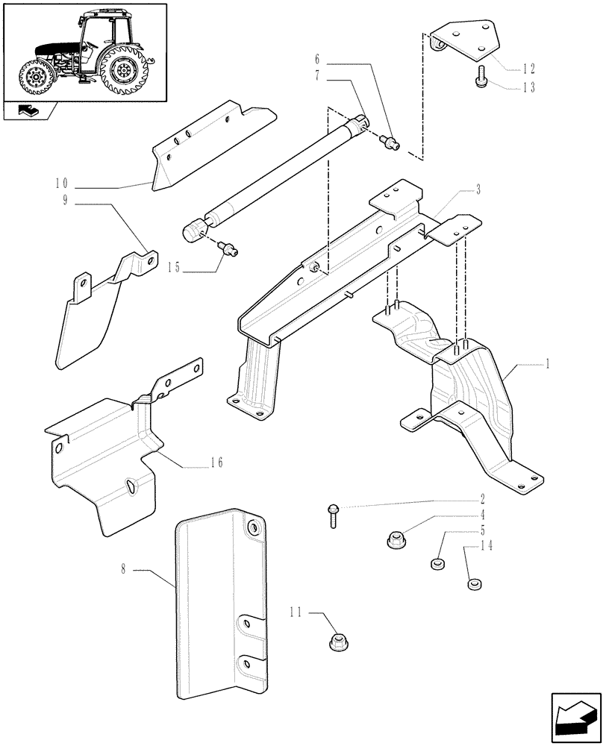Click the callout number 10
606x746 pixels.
click(x=60, y=184)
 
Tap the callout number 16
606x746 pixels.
click(x=216, y=463)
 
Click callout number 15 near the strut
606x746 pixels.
click(x=173, y=265)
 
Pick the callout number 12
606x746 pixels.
click(x=528, y=69)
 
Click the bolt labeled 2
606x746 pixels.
click(x=331, y=515)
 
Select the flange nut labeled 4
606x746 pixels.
click(x=395, y=538)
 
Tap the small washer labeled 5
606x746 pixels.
click(x=437, y=563)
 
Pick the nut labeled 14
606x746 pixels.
click(x=471, y=583)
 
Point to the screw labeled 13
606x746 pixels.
click(x=480, y=77)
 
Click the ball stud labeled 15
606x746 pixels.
click(x=227, y=249)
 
